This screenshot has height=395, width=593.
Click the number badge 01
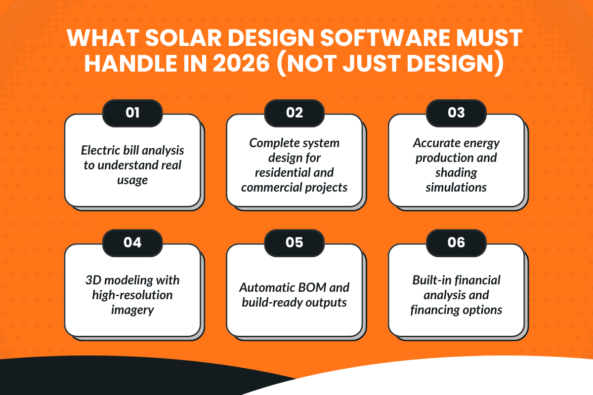click(132, 113)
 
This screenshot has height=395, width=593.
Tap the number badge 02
click(295, 113)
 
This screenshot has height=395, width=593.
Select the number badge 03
click(456, 113)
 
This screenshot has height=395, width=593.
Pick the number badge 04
click(132, 242)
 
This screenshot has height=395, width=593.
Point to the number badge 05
click(295, 242)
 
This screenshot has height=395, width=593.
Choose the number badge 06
click(456, 242)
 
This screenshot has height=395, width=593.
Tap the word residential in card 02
click(283, 172)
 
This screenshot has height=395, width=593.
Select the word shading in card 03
click(456, 172)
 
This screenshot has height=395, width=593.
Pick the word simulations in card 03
click(456, 187)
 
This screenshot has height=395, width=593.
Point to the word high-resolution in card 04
click(132, 295)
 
